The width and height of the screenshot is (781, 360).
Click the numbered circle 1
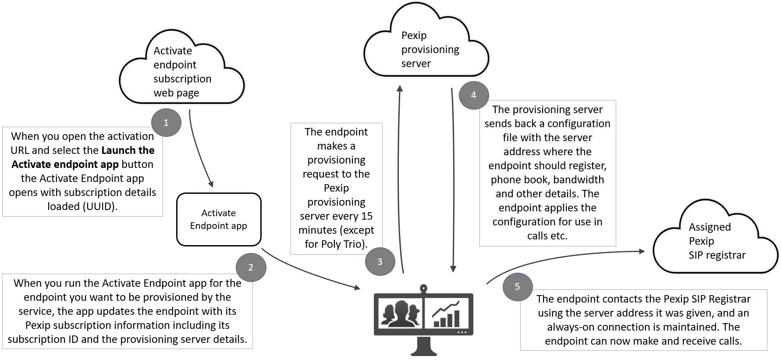click(x=166, y=123)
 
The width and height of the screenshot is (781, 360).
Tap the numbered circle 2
click(x=251, y=267)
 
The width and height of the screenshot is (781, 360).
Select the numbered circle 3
click(x=380, y=262)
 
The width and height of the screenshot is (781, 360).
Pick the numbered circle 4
click(x=473, y=95)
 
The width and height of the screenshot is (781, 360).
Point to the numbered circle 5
click(x=517, y=287)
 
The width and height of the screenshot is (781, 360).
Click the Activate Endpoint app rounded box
click(x=219, y=219)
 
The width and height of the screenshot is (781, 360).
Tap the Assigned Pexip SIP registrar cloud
click(x=714, y=241)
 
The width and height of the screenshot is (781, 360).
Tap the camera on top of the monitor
click(x=423, y=289)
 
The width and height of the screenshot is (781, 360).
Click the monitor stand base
click(x=423, y=352)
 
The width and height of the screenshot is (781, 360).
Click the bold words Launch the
click(x=128, y=150)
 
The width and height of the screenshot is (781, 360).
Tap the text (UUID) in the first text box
click(x=100, y=207)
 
